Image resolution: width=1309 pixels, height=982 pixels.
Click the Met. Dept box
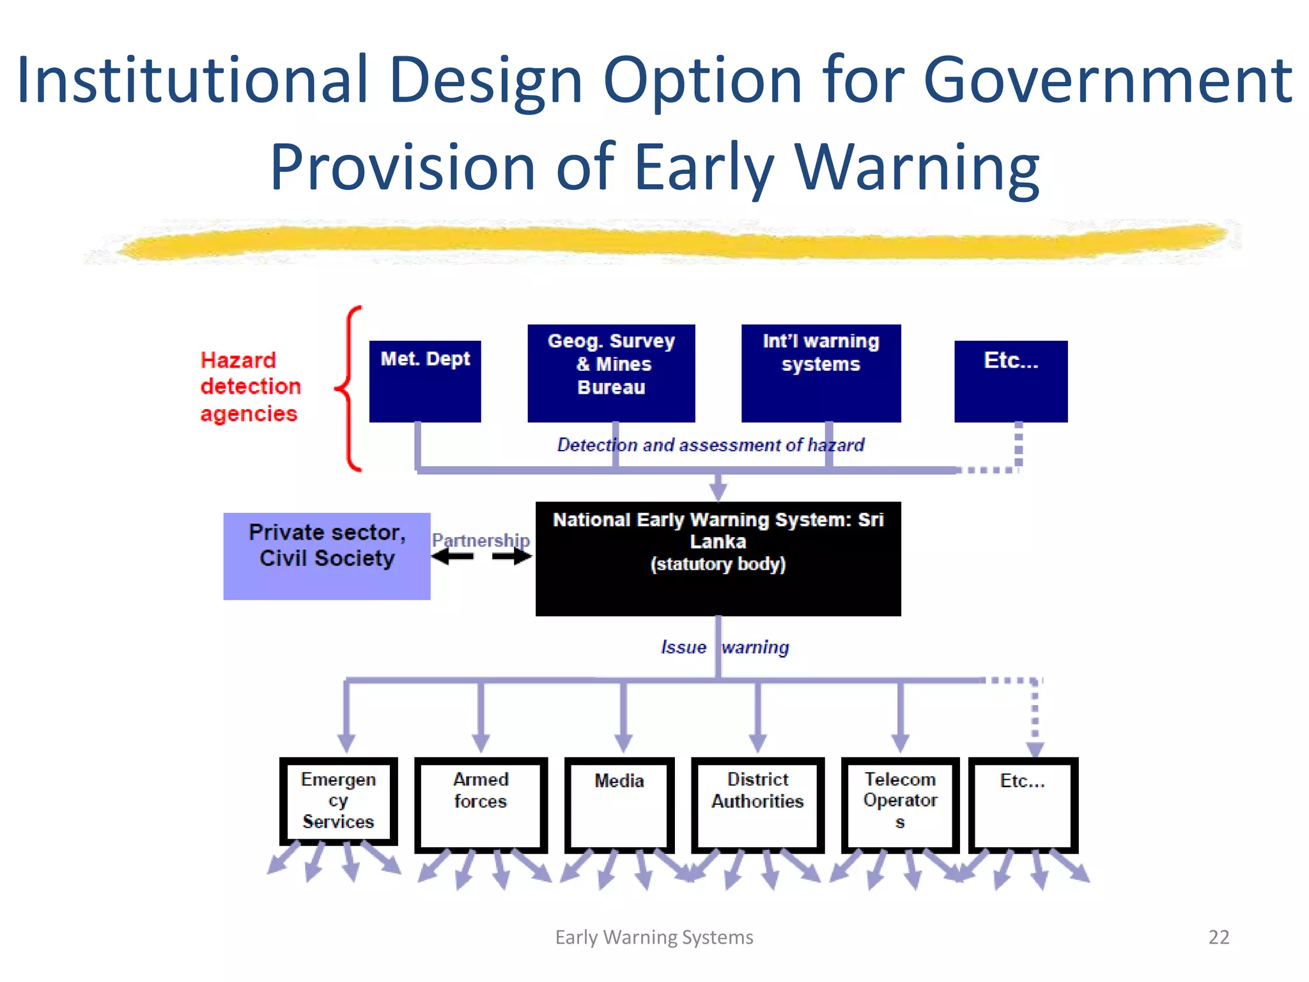(x=425, y=381)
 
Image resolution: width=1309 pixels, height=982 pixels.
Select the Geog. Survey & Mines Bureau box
(x=611, y=373)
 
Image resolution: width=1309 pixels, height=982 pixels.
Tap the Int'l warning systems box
(x=821, y=373)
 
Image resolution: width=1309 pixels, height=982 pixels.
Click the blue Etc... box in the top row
(x=1011, y=381)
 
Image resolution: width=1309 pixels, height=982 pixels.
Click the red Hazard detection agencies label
(x=250, y=387)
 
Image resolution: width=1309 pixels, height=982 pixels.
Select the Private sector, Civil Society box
(x=327, y=556)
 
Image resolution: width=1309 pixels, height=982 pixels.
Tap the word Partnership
(x=481, y=540)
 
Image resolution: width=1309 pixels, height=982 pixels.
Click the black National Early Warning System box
(x=718, y=558)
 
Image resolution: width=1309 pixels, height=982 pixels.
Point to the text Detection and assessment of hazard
(x=710, y=444)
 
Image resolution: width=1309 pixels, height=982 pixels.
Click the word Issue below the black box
(x=683, y=647)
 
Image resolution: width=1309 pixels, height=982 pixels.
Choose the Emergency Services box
(x=338, y=801)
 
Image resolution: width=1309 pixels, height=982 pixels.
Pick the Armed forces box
(x=481, y=804)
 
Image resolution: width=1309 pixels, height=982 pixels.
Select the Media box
(x=619, y=804)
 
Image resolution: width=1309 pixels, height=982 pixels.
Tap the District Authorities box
(x=757, y=804)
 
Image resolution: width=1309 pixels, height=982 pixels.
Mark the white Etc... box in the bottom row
(x=1023, y=804)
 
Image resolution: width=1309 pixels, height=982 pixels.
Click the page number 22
(x=1218, y=937)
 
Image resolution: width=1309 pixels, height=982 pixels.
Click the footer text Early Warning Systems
(x=654, y=937)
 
